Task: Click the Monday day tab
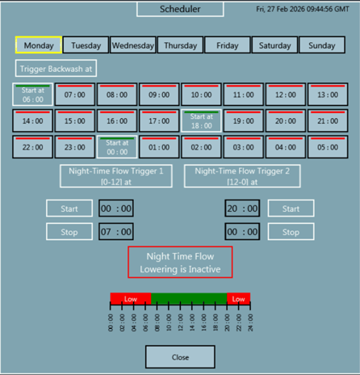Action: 39,45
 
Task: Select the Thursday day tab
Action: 181,45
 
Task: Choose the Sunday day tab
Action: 322,45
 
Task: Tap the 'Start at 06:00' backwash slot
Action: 32,95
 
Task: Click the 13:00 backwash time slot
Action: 328,95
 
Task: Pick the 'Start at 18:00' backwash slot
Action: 201,120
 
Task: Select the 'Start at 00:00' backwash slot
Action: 117,147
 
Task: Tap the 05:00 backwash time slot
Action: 328,147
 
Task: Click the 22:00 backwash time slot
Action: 32,147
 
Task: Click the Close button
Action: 180,357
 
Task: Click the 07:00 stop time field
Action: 116,232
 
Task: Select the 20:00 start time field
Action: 242,209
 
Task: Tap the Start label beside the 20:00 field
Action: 291,209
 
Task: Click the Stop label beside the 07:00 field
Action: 69,232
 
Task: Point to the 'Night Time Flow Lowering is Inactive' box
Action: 180,262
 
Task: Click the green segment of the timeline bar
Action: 189,298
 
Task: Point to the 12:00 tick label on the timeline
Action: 180,322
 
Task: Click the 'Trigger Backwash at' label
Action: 56,69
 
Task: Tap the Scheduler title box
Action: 180,9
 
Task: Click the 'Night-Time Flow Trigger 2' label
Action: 242,176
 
